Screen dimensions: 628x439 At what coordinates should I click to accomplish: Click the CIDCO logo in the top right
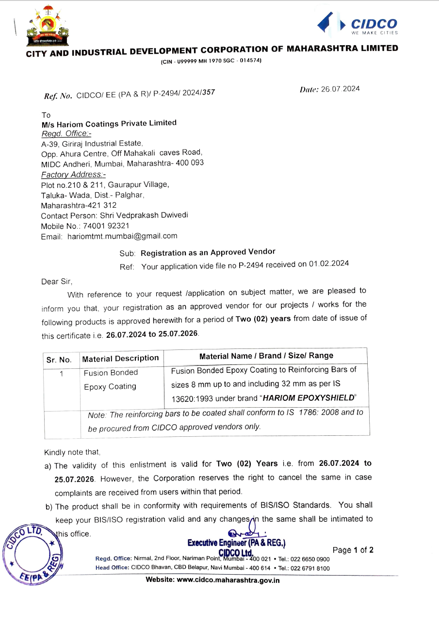[357, 24]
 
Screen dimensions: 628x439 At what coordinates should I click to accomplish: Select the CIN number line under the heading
[211, 61]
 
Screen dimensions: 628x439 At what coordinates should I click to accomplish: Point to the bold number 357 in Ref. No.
[208, 93]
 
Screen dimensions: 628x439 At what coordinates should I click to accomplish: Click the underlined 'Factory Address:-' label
[73, 175]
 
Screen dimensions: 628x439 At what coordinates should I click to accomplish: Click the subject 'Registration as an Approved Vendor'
[208, 252]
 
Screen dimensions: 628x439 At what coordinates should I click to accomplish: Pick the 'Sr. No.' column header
[59, 360]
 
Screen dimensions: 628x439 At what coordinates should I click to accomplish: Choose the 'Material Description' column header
[120, 359]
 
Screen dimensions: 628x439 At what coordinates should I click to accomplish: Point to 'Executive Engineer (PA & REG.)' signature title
[236, 543]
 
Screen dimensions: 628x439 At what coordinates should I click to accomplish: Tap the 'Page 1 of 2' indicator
[353, 550]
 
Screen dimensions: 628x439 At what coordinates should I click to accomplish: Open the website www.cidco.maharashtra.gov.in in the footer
[212, 580]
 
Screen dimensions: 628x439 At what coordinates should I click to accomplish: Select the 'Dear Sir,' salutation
[56, 281]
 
